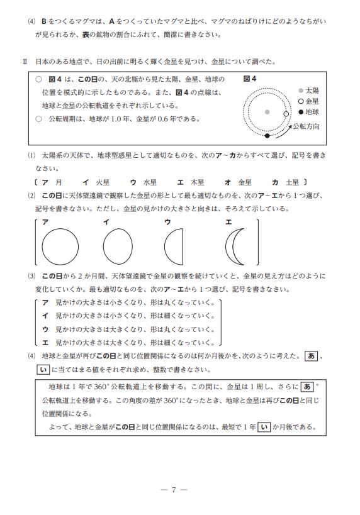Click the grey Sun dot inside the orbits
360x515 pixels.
[267, 112]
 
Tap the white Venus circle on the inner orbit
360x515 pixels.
[286, 114]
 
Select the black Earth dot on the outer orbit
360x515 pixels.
[267, 136]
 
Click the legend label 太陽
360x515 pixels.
[312, 91]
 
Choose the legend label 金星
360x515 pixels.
[312, 101]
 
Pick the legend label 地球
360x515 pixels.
[312, 112]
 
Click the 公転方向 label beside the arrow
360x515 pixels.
[306, 126]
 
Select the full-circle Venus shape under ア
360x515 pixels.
[60, 247]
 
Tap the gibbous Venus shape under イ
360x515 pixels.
[118, 247]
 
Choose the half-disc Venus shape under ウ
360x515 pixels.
[174, 247]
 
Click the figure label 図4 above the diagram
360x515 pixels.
[250, 79]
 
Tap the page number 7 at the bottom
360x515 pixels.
[174, 490]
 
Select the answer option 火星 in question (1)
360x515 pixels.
[103, 182]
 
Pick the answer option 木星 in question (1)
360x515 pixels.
[197, 182]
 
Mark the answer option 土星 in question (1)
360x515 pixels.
[292, 182]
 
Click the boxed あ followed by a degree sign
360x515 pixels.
[307, 387]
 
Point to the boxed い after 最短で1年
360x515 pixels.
[264, 427]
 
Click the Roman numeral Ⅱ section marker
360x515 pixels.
[25, 62]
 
